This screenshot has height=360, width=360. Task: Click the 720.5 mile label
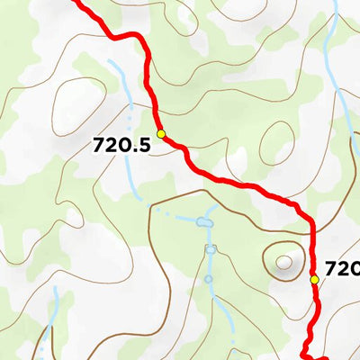[121, 144]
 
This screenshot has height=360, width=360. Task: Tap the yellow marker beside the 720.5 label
[161, 134]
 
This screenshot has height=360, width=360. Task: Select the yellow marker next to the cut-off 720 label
[314, 279]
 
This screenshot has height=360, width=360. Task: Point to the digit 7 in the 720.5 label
[98, 144]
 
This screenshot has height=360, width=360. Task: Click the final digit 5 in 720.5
[143, 144]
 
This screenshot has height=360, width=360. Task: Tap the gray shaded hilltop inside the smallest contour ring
[286, 262]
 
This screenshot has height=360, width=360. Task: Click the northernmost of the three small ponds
[205, 220]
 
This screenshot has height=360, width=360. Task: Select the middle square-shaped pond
[211, 249]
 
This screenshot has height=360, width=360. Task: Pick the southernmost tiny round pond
[209, 279]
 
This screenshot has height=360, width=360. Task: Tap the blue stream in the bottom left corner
[54, 315]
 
